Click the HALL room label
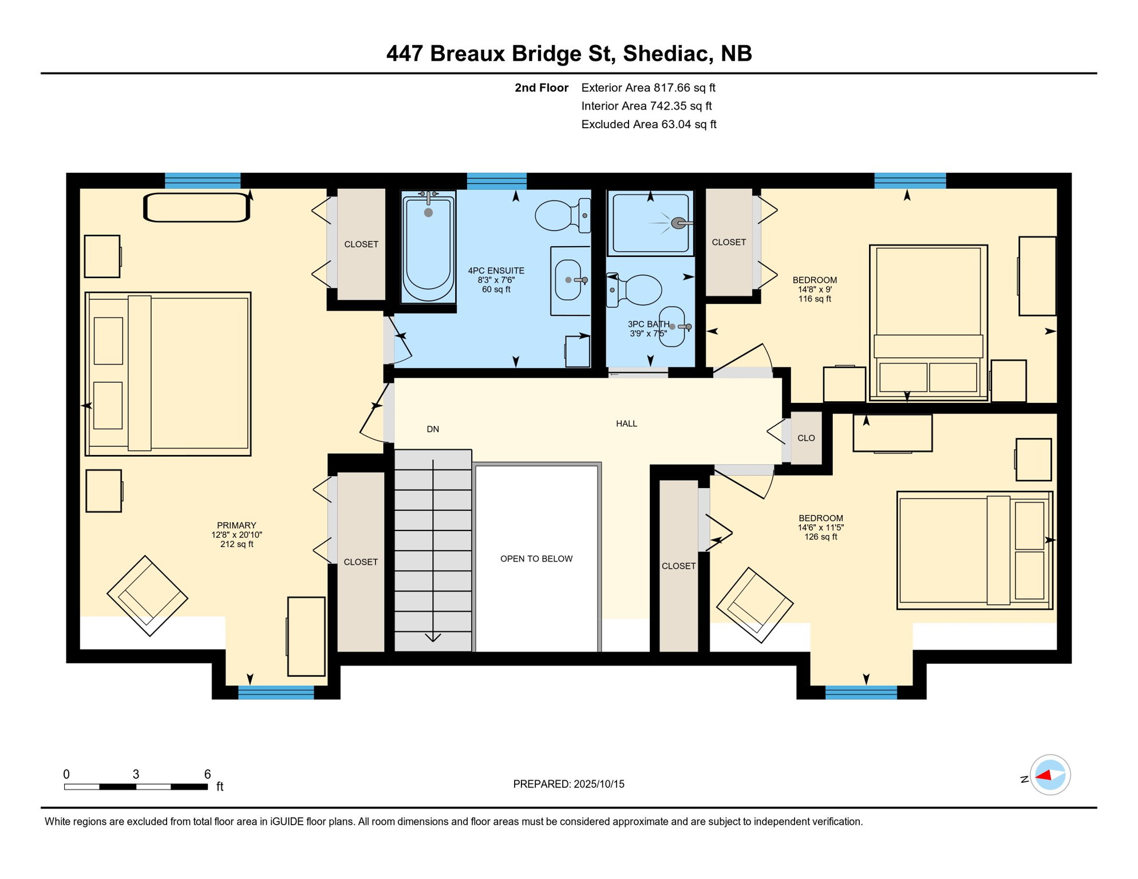pos(626,424)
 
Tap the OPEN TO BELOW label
pos(536,559)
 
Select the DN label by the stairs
pos(433,429)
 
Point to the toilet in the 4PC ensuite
pos(563,215)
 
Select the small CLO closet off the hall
pos(806,438)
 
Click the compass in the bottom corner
pos(1050,775)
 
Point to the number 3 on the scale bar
pos(136,774)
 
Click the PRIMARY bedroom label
pos(236,525)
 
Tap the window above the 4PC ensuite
pos(496,181)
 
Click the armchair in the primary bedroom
pos(148,596)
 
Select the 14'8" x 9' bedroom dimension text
pos(815,290)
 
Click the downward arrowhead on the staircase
pos(433,637)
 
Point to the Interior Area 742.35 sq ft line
pos(646,106)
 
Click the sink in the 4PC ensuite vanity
pos(568,280)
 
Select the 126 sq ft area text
pos(821,537)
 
